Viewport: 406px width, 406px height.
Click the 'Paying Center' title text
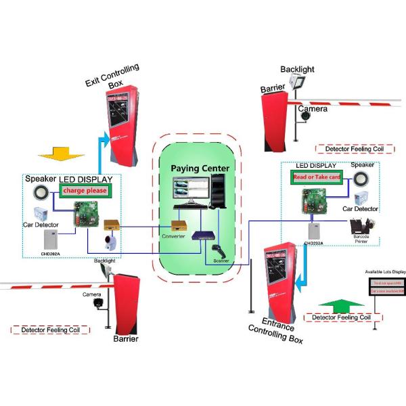tap(200, 168)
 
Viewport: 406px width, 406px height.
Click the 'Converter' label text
tap(174, 236)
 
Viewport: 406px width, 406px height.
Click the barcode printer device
tap(362, 230)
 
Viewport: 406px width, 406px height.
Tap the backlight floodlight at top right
tap(297, 84)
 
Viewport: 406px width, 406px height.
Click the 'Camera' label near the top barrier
tap(313, 108)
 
